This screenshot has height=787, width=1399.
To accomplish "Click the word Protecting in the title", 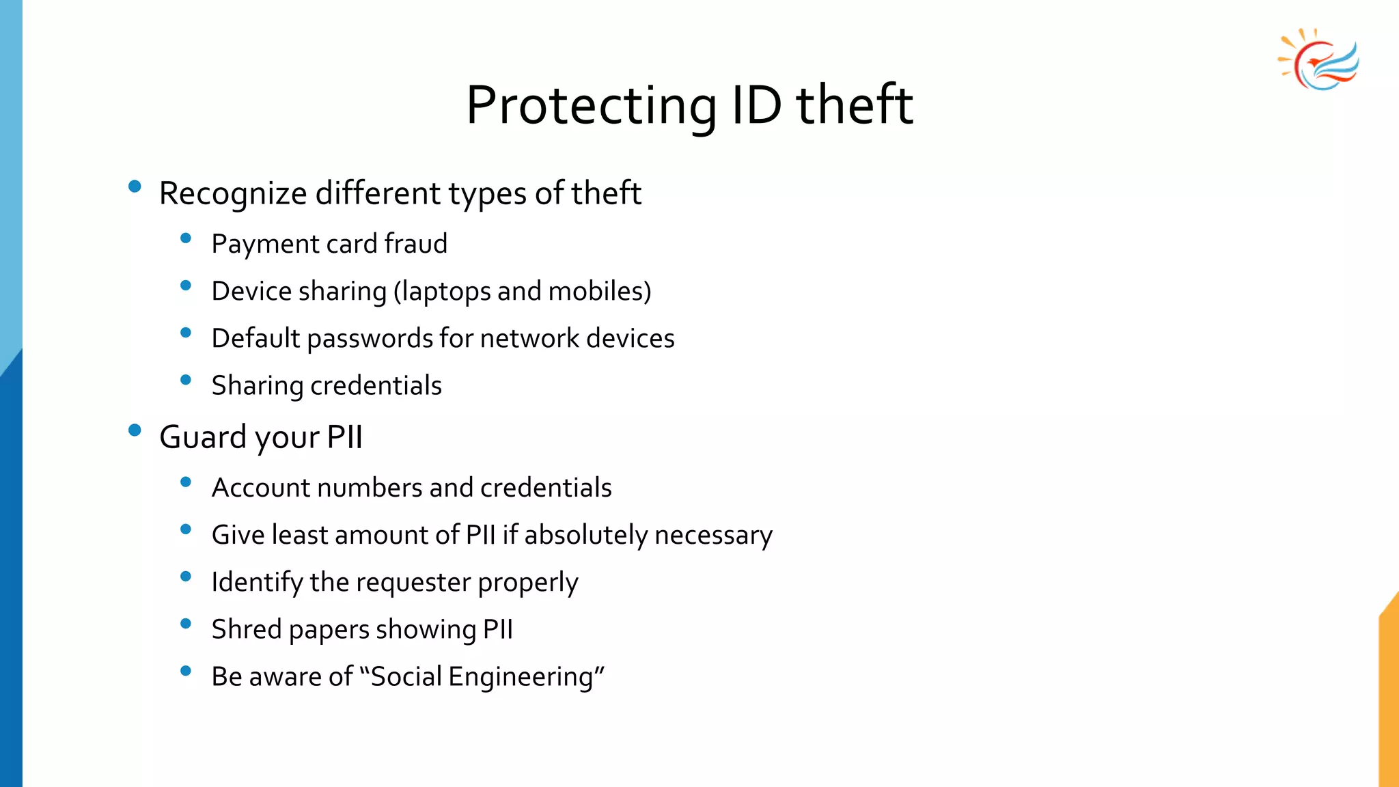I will [591, 106].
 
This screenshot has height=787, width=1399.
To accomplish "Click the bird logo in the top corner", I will [1319, 60].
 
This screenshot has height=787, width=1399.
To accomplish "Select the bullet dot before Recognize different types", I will [135, 186].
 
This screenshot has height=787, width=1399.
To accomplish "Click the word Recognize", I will [233, 193].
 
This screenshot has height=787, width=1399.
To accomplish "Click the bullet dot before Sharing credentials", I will [186, 380].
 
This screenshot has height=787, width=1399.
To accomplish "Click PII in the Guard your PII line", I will [344, 437].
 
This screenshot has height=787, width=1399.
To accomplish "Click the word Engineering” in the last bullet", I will [527, 677].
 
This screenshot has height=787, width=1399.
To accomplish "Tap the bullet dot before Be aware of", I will [186, 671].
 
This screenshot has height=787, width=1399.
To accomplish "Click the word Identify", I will [257, 583].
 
